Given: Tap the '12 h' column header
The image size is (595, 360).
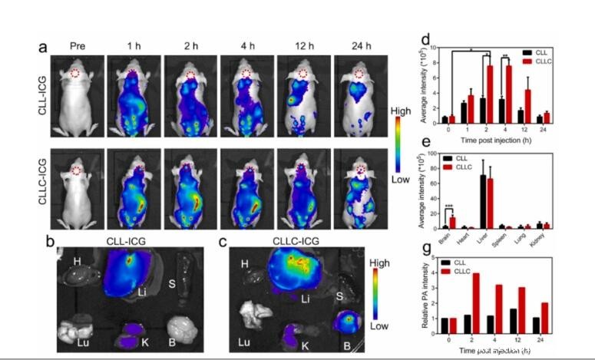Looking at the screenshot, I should [x=301, y=46].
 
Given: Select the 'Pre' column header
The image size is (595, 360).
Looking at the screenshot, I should [x=75, y=46].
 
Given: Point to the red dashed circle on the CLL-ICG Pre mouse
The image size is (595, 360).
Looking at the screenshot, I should [x=75, y=74].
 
